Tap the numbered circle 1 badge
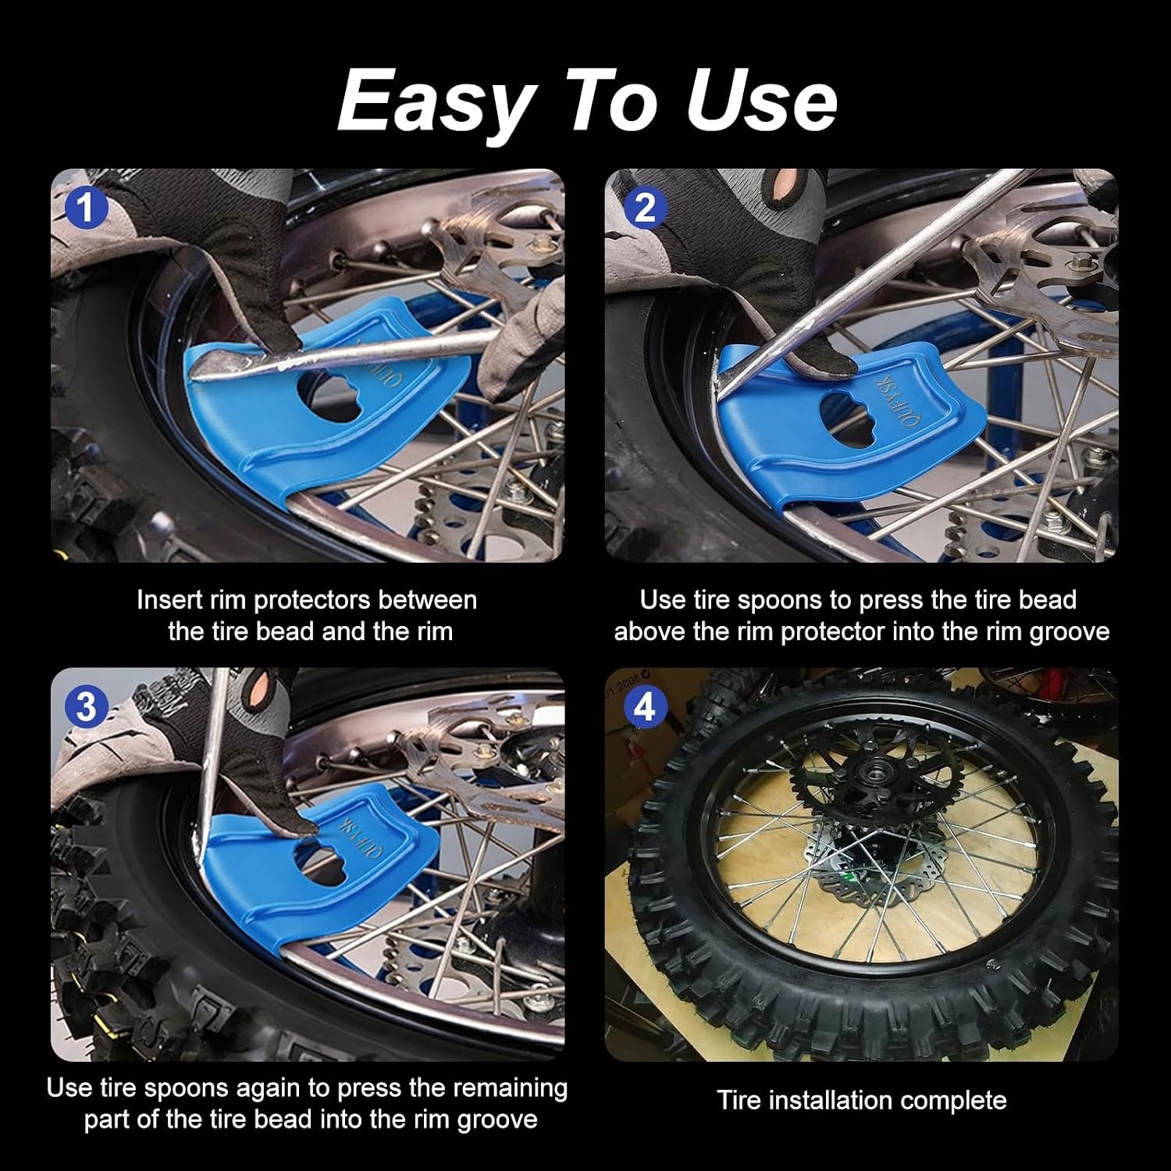[85, 208]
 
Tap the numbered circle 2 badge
[644, 208]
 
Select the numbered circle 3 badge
[85, 707]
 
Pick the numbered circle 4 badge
[644, 707]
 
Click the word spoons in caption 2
[780, 600]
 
